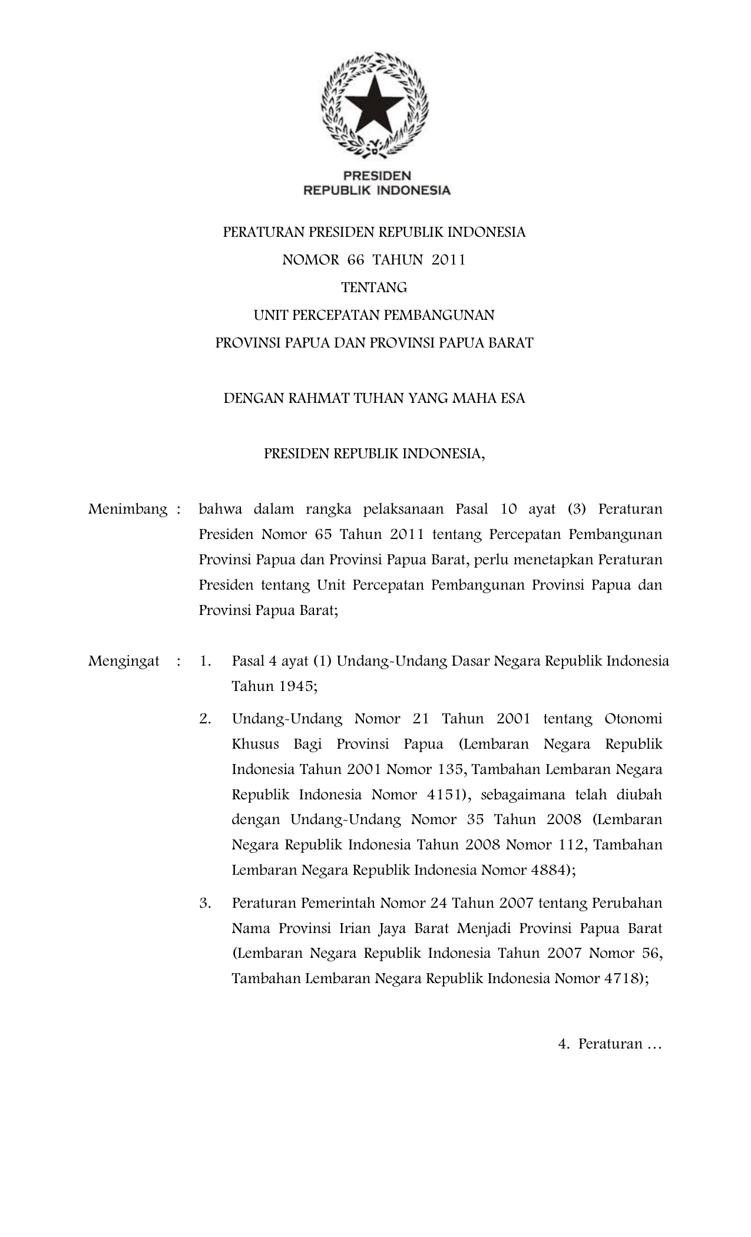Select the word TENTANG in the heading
[374, 287]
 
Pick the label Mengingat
[124, 661]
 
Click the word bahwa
[217, 509]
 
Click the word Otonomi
[633, 719]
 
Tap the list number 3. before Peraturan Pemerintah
[205, 903]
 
